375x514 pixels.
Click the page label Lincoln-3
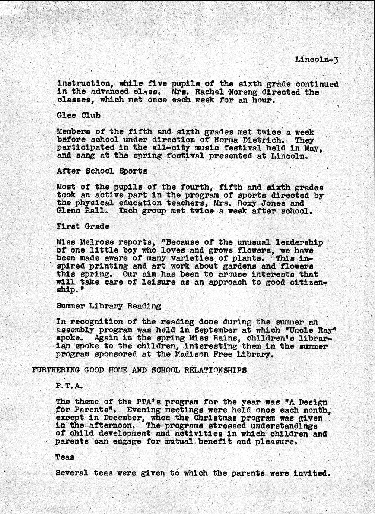(316, 60)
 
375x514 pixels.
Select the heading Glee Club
(78, 115)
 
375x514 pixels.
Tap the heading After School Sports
(102, 171)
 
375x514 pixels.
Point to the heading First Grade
(83, 226)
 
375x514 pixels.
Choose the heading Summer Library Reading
(108, 306)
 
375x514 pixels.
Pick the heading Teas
(65, 457)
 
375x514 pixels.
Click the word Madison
(193, 354)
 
